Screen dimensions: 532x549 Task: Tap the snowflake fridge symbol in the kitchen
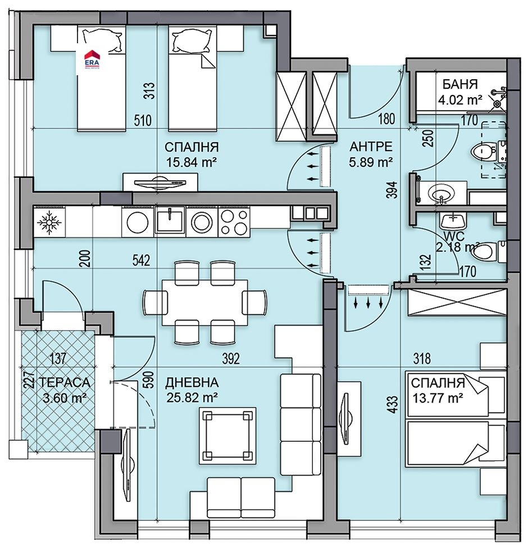[49, 222]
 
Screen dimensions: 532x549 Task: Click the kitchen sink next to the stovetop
[170, 220]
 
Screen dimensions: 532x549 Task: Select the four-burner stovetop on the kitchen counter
[234, 221]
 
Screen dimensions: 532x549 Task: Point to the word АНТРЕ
[371, 147]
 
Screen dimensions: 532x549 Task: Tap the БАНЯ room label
[460, 84]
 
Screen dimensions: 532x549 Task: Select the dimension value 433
[393, 404]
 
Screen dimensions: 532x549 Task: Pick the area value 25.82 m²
[192, 398]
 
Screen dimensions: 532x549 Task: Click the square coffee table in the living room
[228, 436]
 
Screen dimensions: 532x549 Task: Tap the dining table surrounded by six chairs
[205, 302]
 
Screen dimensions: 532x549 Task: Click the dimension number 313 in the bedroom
[149, 90]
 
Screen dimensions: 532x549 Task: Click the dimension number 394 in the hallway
[393, 190]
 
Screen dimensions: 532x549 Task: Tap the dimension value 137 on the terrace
[58, 358]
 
